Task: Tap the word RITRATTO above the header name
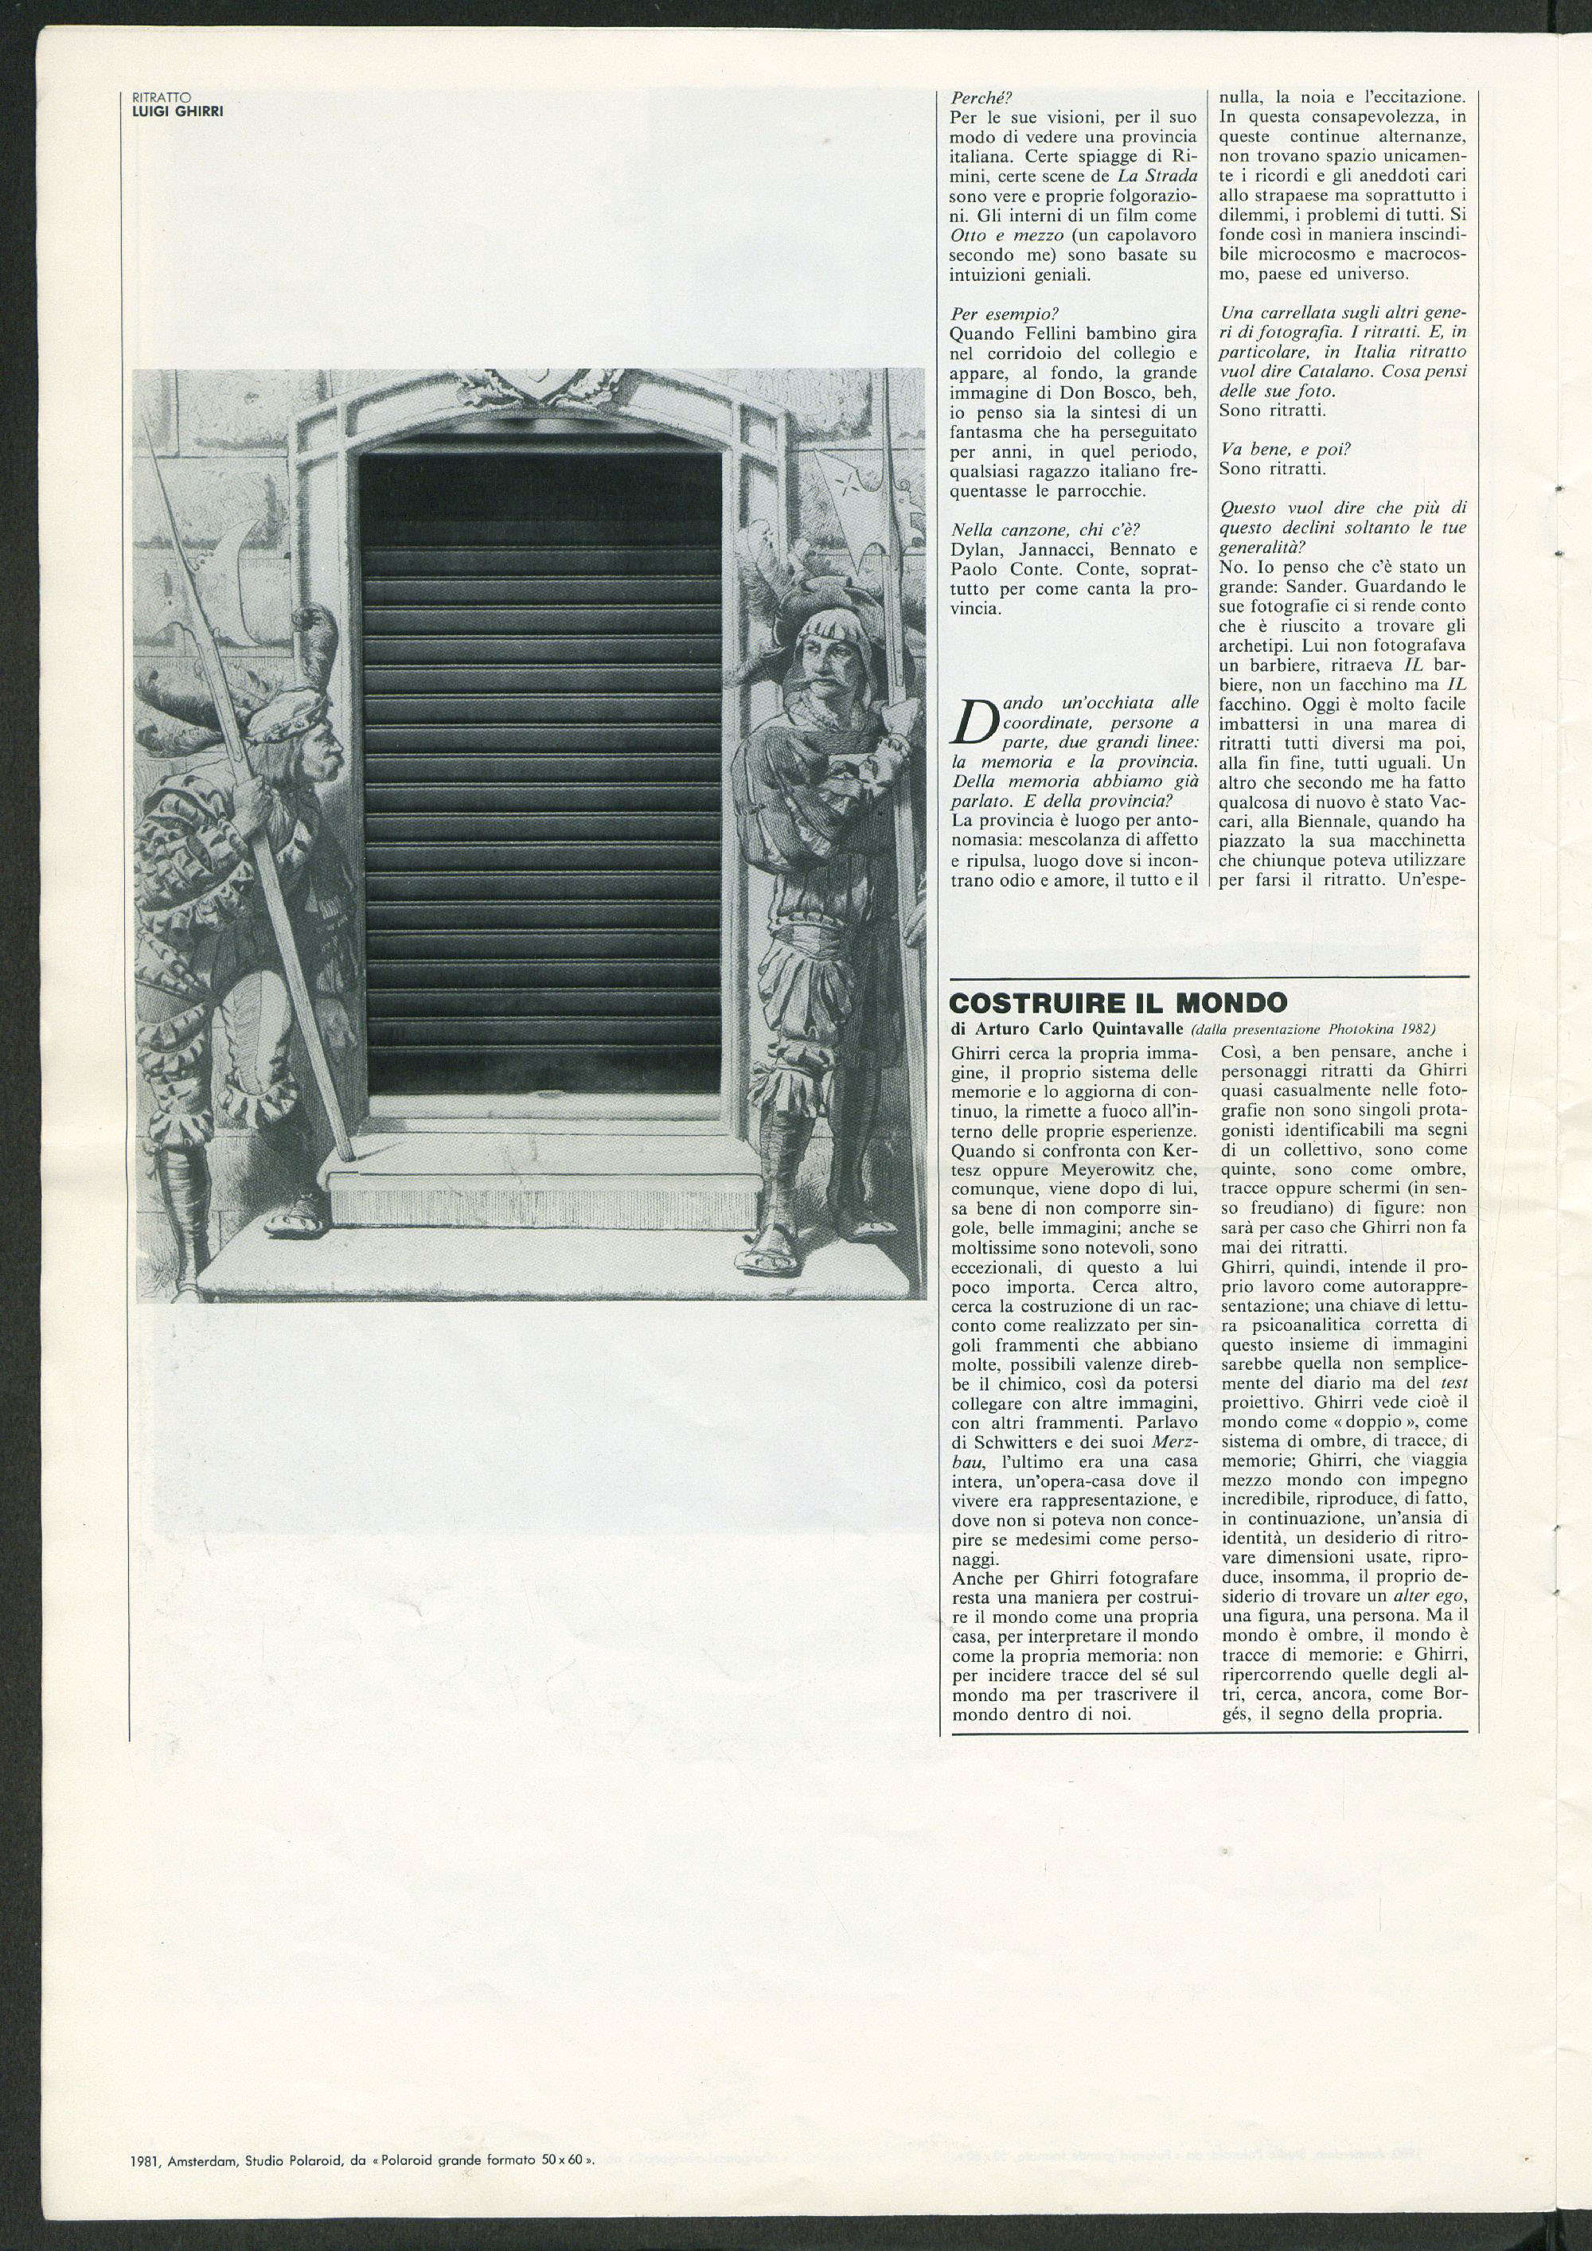coord(162,97)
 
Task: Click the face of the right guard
coord(822,659)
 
